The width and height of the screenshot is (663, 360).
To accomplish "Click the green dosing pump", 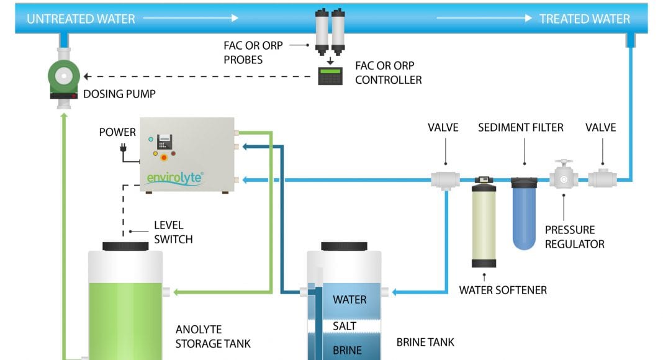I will click(x=63, y=78).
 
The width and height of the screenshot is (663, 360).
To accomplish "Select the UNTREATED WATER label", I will click(x=81, y=19).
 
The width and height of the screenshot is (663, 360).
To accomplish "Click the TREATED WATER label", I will click(x=584, y=19).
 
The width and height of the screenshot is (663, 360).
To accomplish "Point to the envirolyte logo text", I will click(x=175, y=178).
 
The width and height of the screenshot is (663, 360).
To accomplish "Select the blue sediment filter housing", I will click(x=525, y=214).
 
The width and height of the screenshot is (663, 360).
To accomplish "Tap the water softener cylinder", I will click(x=484, y=223).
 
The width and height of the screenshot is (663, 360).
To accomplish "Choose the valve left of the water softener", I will click(x=446, y=179).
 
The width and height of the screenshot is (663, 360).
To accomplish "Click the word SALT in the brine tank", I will click(x=344, y=326).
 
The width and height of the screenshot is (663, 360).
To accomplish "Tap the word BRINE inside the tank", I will click(x=347, y=349).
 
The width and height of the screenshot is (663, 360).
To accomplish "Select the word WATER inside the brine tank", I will click(x=350, y=300).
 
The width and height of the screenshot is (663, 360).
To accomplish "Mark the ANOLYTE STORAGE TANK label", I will click(x=213, y=336).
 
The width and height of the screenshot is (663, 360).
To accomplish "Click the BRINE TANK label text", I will click(x=425, y=342).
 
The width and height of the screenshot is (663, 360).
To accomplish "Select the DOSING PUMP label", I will click(x=119, y=95).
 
